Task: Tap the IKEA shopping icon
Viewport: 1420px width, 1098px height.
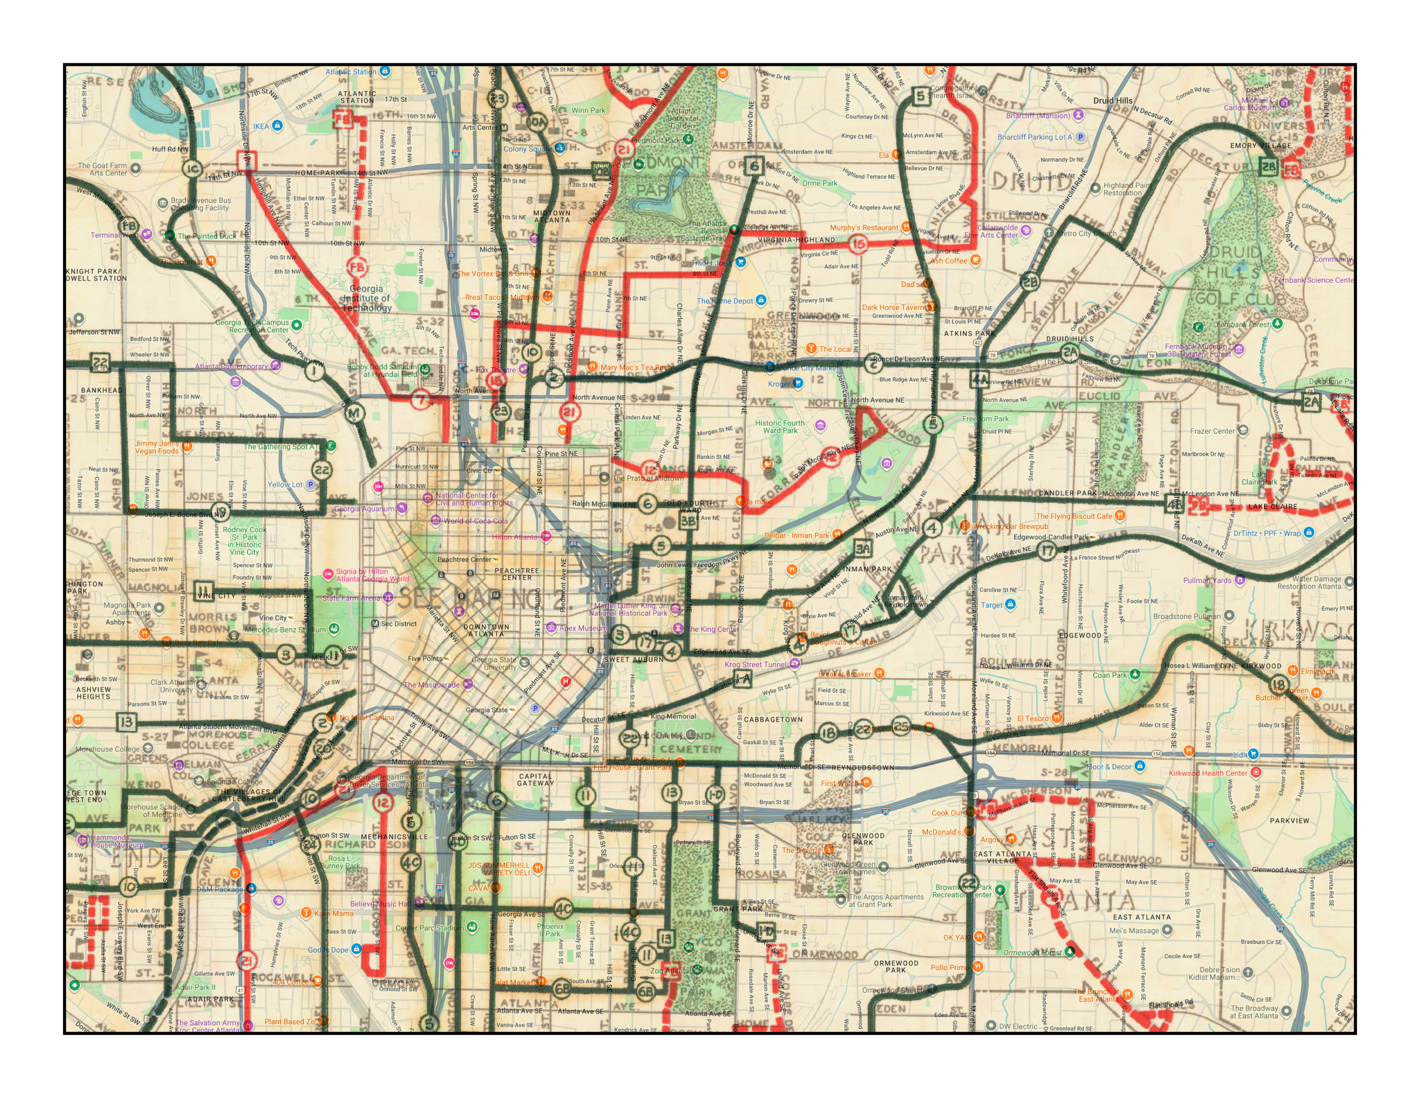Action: pyautogui.click(x=278, y=126)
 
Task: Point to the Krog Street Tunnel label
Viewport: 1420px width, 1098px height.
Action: pyautogui.click(x=755, y=664)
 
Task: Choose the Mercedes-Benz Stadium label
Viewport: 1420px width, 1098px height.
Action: pyautogui.click(x=285, y=630)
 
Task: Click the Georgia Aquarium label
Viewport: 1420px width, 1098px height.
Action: pyautogui.click(x=364, y=509)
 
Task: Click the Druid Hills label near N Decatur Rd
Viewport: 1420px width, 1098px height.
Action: pyautogui.click(x=1112, y=101)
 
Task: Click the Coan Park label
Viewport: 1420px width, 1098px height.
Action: pyautogui.click(x=1109, y=675)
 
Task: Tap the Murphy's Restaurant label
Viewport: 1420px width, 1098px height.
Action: pyautogui.click(x=864, y=228)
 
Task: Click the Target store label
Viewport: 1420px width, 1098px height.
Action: pyautogui.click(x=991, y=605)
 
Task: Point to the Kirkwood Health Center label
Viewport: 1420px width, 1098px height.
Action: pyautogui.click(x=1207, y=773)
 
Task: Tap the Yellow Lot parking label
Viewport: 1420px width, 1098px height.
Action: pyautogui.click(x=285, y=484)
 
